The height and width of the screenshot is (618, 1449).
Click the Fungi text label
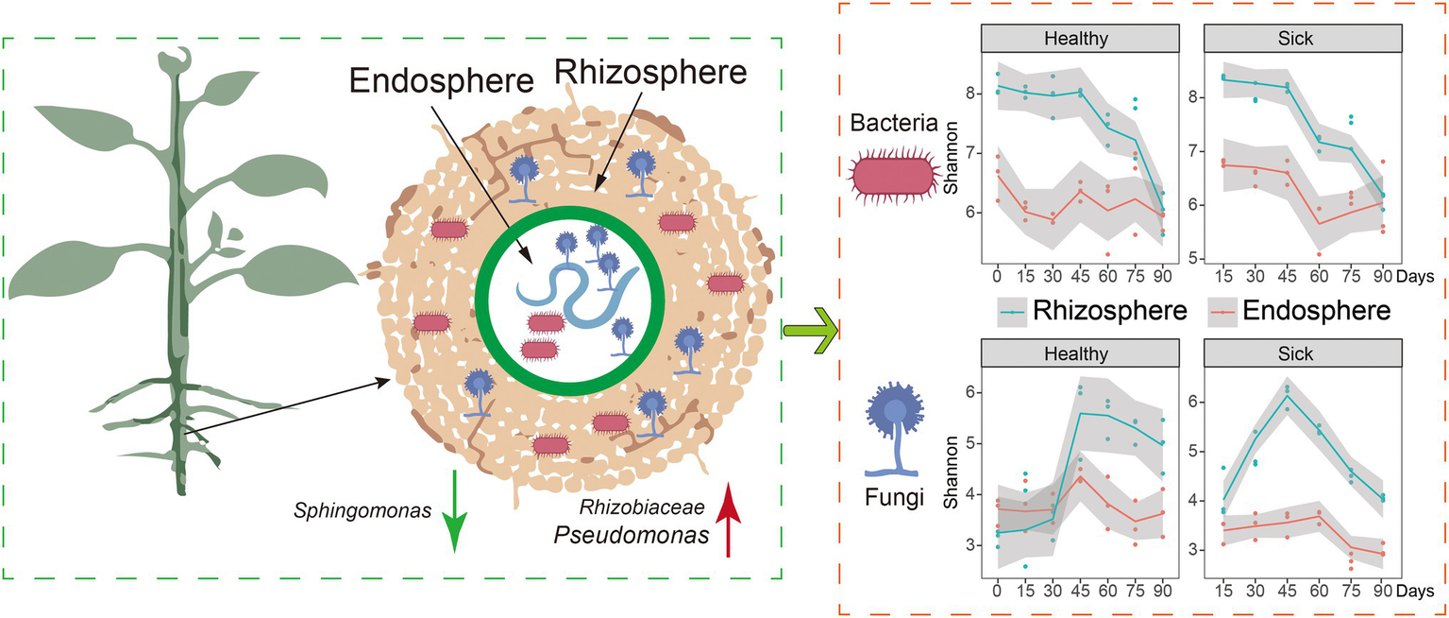coord(894,497)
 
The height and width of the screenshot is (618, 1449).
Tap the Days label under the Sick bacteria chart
coord(1419,278)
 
